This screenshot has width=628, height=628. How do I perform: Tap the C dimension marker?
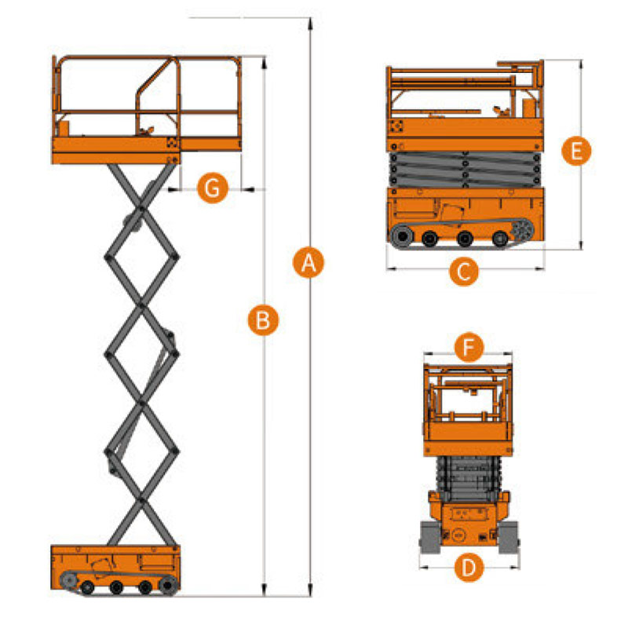464,272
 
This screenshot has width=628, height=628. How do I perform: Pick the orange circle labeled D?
469,567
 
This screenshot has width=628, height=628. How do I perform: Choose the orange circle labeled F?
469,346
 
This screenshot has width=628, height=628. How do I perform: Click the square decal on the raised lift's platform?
172,143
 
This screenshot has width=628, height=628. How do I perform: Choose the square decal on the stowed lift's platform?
395,127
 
